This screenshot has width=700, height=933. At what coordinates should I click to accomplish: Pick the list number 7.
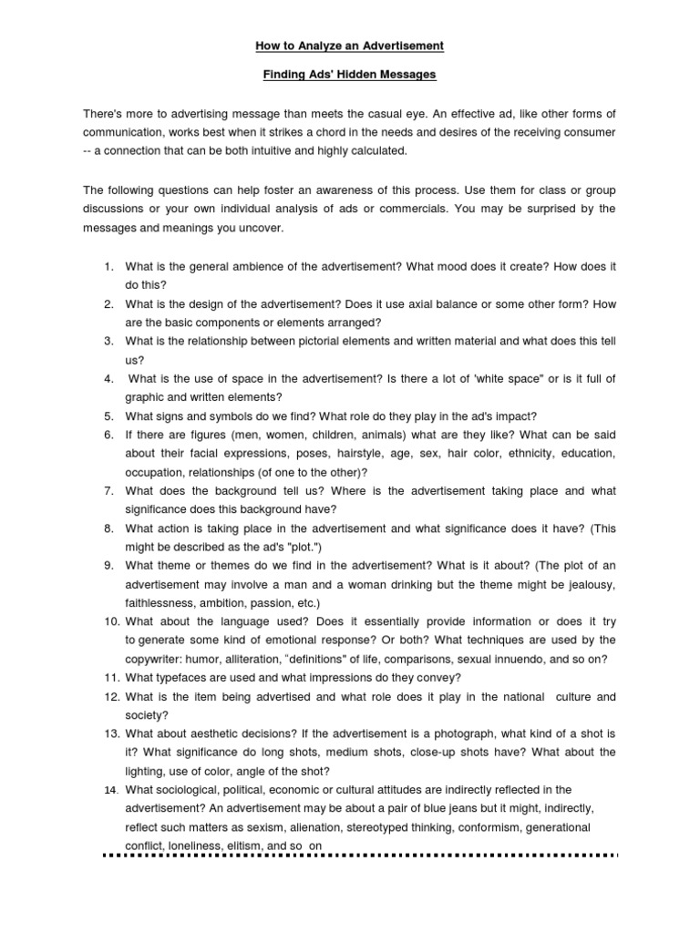click(x=108, y=490)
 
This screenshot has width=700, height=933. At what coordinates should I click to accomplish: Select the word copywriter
click(x=156, y=660)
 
